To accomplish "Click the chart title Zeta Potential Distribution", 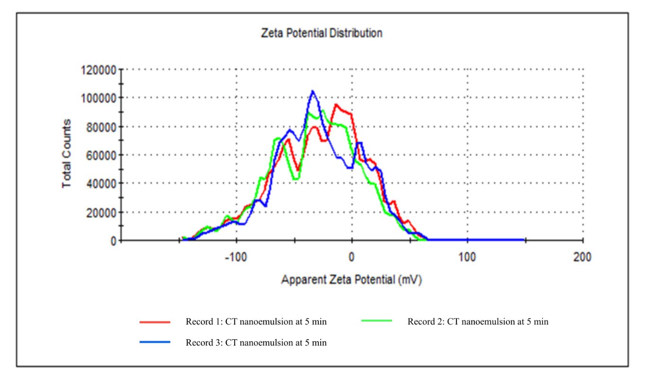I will click(322, 34).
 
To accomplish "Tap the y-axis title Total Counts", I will click(67, 153).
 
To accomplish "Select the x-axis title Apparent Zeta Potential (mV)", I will click(351, 280).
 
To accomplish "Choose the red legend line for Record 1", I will click(155, 322).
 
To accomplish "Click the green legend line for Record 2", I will click(376, 321).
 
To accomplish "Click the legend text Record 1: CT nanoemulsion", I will click(256, 322).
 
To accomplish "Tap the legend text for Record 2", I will click(478, 322).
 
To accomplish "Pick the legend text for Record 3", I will click(256, 343).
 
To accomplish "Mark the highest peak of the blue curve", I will click(313, 91).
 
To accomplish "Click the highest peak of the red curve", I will click(336, 105).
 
